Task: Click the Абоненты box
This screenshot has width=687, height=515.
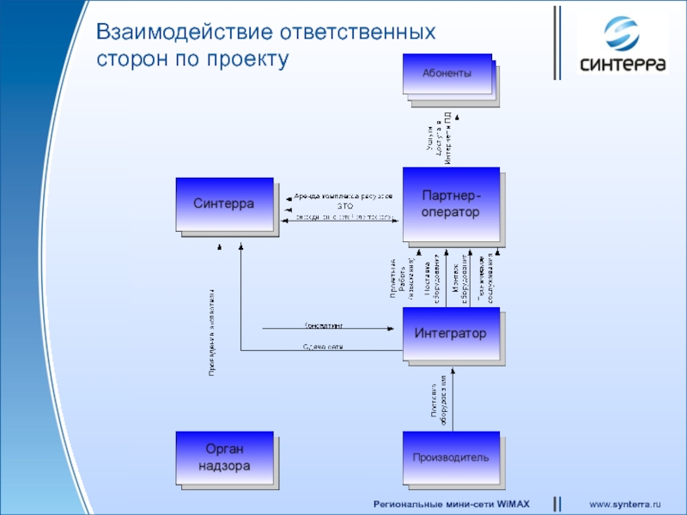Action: click(x=446, y=75)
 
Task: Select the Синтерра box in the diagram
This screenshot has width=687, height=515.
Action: click(x=224, y=204)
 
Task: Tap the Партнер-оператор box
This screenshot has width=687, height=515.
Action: click(x=450, y=204)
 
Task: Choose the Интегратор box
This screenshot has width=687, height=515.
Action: click(x=450, y=333)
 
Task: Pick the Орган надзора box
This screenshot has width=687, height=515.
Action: click(x=224, y=458)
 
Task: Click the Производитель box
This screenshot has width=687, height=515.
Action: click(x=450, y=457)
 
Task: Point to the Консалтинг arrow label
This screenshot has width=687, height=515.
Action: click(x=324, y=325)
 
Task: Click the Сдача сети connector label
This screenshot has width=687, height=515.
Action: click(x=323, y=347)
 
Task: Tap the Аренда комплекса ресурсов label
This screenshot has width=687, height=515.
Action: click(x=343, y=197)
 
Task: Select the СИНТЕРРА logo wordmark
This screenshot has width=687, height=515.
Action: click(x=623, y=64)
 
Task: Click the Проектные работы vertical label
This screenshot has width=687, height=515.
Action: click(x=401, y=279)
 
